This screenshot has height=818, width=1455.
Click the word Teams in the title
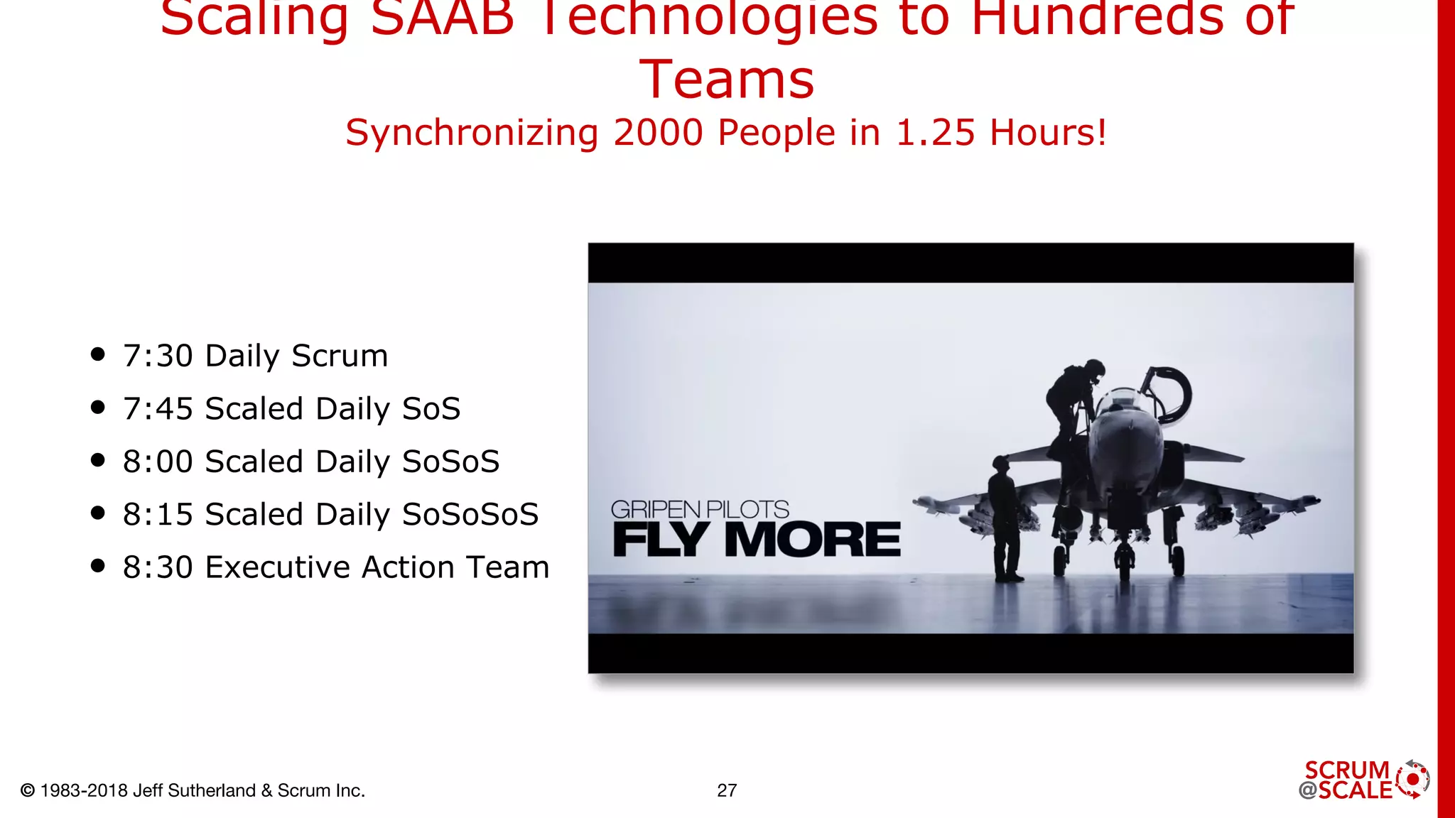[x=727, y=80]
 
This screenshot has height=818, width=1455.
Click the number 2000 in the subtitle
[x=658, y=133]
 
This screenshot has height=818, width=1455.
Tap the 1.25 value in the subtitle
[x=936, y=133]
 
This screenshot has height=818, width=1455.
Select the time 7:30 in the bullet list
[x=158, y=356]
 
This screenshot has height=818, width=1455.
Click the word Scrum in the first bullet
[x=340, y=356]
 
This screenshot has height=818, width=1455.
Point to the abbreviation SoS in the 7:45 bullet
[x=431, y=409]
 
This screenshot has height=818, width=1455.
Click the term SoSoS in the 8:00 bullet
[x=450, y=462]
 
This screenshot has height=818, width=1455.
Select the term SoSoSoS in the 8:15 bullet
[x=470, y=514]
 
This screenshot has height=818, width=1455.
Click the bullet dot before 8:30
[x=98, y=566]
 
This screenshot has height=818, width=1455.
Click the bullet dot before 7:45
[x=98, y=408]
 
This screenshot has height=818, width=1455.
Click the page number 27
[x=727, y=790]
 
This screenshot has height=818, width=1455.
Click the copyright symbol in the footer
[x=28, y=790]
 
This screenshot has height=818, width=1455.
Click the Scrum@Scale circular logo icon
[x=1412, y=780]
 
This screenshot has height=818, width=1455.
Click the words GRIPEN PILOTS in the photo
[x=700, y=509]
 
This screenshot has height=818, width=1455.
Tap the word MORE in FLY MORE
[x=812, y=540]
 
